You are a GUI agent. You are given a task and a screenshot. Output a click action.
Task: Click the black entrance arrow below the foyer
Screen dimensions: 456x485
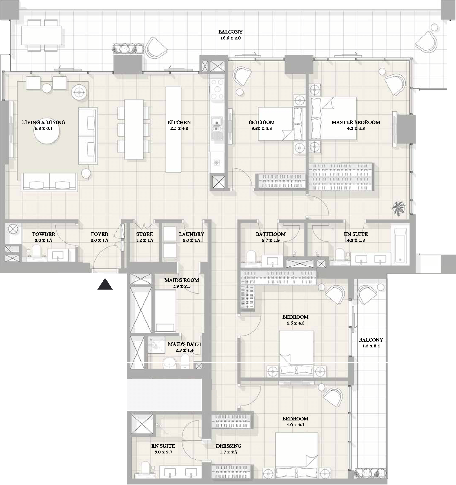click(105, 284)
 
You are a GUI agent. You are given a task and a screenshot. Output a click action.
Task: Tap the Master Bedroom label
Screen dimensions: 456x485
click(356, 122)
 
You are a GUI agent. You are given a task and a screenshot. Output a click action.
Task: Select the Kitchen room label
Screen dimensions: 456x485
click(179, 122)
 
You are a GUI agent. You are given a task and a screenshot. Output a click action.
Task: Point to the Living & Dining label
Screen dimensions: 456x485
click(44, 122)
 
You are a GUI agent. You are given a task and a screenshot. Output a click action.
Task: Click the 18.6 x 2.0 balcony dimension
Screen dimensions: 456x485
click(230, 38)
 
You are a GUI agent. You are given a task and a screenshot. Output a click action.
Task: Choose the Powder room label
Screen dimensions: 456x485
click(44, 234)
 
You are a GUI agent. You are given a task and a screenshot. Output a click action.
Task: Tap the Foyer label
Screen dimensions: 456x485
click(99, 234)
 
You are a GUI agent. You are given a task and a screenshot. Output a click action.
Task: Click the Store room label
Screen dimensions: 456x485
click(144, 234)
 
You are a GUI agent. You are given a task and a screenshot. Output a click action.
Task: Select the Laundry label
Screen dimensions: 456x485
click(192, 234)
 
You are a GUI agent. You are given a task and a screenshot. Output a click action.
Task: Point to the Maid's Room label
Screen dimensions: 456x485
click(182, 280)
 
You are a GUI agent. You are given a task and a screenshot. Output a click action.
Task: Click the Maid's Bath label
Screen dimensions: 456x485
click(184, 344)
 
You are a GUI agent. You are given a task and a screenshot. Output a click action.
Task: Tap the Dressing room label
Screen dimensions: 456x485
click(228, 446)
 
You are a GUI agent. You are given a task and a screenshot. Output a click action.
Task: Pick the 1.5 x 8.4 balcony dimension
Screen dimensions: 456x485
click(371, 346)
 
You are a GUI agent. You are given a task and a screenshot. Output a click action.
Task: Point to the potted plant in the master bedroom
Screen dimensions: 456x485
click(399, 208)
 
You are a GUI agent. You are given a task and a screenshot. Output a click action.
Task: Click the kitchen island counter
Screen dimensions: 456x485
click(173, 129)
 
